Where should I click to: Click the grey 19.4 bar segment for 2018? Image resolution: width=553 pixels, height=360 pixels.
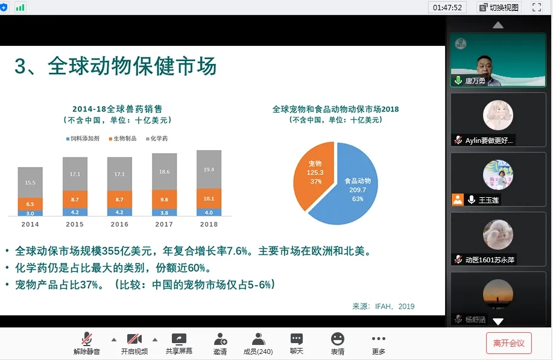tap(209, 169)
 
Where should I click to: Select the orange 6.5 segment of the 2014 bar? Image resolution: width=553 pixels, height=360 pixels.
tap(30, 204)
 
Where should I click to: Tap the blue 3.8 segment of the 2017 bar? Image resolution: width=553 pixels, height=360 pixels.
tap(165, 213)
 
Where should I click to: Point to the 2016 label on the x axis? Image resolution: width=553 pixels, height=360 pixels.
tap(119, 224)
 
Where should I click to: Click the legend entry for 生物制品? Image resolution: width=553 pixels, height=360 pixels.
tap(123, 139)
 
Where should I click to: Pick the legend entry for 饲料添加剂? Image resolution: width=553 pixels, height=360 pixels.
tap(83, 139)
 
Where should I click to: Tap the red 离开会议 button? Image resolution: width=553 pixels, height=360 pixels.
tap(508, 343)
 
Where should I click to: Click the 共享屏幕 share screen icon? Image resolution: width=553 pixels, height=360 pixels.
tap(179, 339)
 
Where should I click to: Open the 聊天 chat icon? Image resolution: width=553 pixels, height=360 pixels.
tap(297, 339)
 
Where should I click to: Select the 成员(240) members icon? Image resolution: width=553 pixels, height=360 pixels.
tap(258, 339)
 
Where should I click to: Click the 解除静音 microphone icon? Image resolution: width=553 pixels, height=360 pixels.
tap(86, 339)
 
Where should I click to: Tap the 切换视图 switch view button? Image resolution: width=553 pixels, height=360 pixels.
tap(499, 7)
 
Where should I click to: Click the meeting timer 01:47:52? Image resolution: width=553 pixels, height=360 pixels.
tap(447, 7)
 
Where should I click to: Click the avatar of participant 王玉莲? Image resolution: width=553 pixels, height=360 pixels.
tap(498, 175)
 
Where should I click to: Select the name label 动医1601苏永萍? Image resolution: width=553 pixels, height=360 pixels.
tap(490, 260)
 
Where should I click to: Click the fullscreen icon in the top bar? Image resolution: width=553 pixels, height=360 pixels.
tap(537, 7)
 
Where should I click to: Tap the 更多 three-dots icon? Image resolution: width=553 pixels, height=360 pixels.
tap(379, 339)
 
